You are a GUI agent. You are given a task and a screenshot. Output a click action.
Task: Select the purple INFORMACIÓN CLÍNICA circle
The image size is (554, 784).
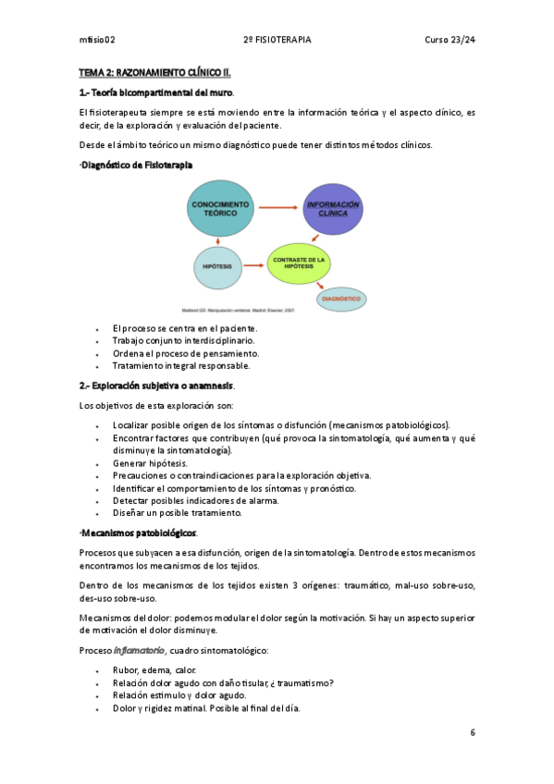click(332, 209)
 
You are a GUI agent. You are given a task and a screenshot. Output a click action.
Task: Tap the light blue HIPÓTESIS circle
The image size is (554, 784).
click(215, 265)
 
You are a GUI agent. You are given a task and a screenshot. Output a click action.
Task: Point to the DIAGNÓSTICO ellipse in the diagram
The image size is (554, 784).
click(341, 299)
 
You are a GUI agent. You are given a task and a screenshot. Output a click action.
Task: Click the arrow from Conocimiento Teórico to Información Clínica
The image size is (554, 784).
click(276, 208)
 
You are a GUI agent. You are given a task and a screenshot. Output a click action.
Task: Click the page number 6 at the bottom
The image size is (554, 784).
click(473, 732)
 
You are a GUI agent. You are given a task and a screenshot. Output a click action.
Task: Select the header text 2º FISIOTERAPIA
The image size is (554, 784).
click(277, 40)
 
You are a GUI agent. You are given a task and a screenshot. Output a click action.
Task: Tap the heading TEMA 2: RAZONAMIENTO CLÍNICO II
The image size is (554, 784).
click(154, 71)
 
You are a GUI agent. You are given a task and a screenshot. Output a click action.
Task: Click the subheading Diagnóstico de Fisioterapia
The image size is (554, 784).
click(136, 164)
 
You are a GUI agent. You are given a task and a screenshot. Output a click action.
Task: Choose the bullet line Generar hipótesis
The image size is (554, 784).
click(150, 462)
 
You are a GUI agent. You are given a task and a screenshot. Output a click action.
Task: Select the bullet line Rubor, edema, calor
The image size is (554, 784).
click(154, 669)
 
